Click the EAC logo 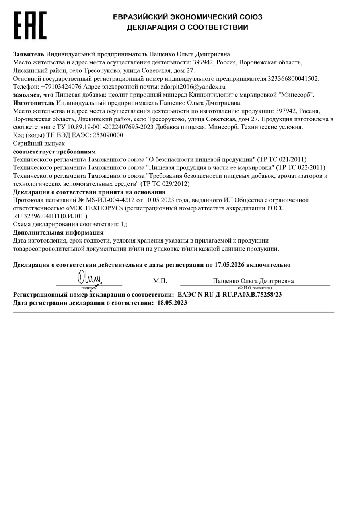coord(30,25)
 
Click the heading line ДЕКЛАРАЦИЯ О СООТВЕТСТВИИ coord(187,27)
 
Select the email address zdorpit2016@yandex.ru coord(193,87)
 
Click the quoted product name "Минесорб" coord(296,95)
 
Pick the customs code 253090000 coord(107,135)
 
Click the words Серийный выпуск coord(39,143)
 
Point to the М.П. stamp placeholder coord(160,281)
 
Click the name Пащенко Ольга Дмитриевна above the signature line coord(253,281)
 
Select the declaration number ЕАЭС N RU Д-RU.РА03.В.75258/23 coord(230,295)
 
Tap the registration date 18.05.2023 coord(172,303)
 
